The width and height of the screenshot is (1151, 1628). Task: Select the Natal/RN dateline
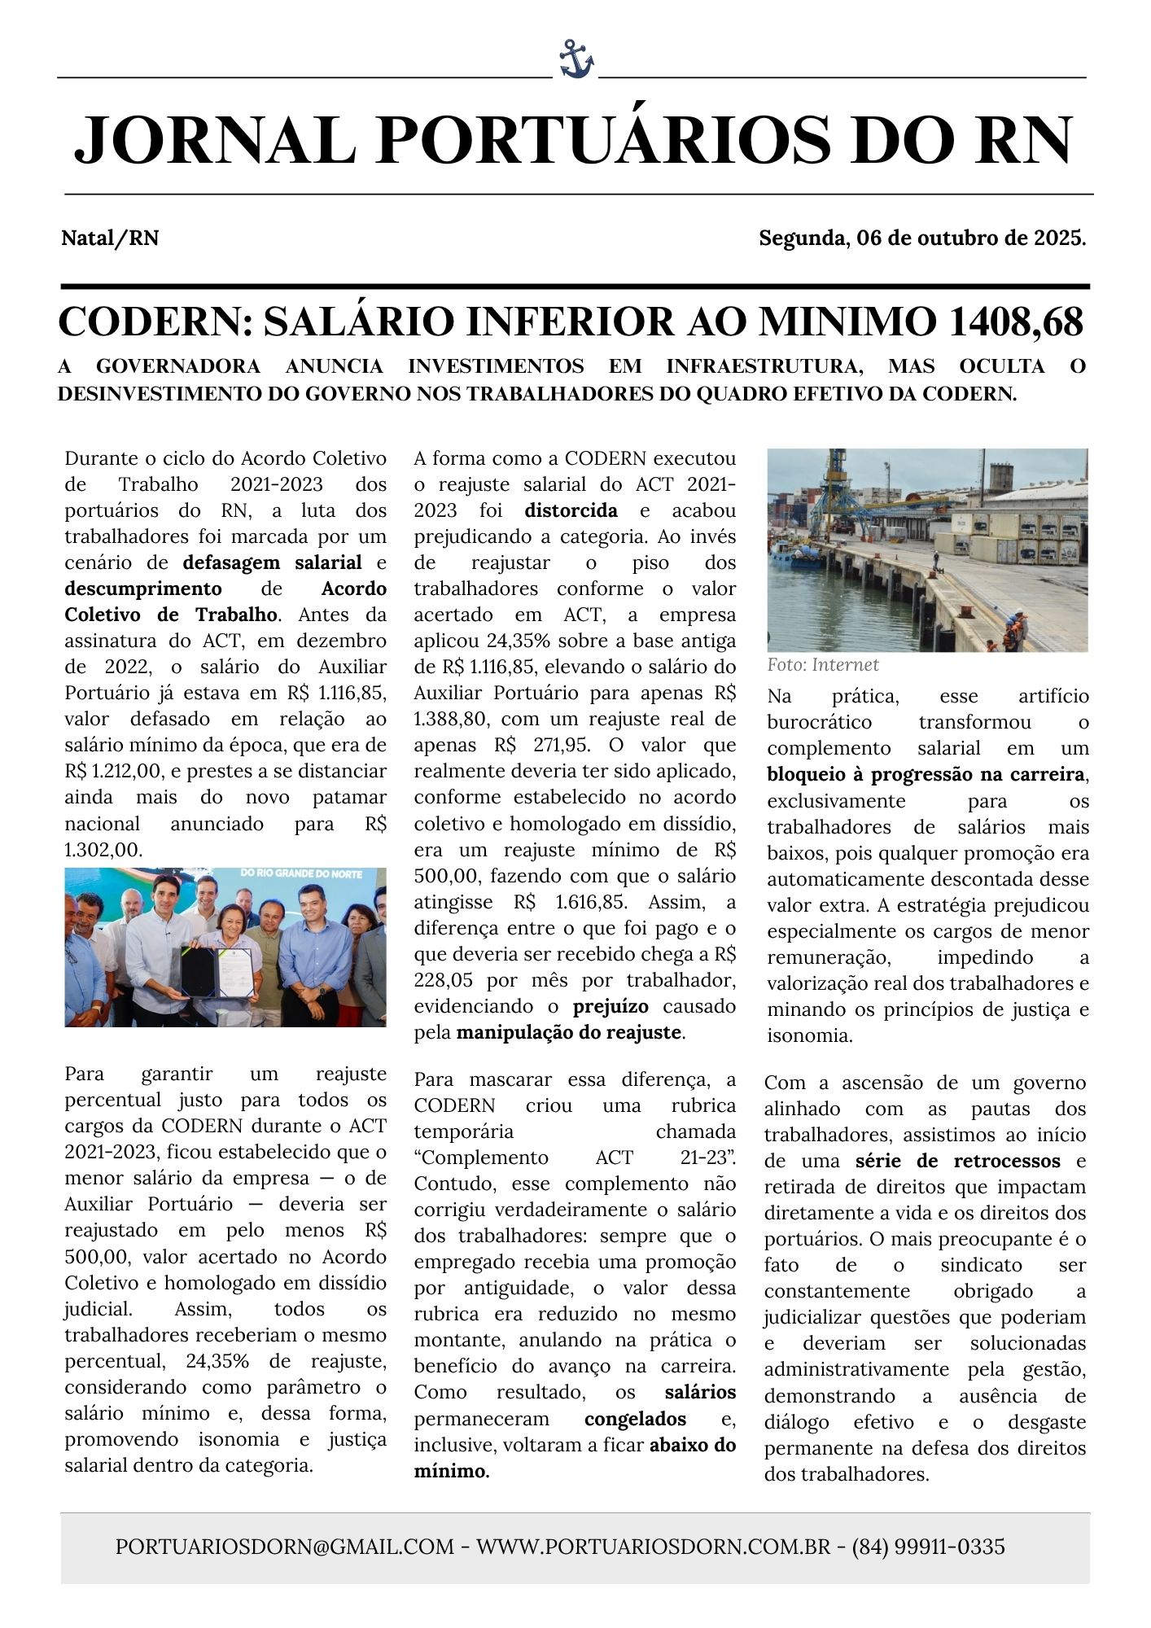pyautogui.click(x=110, y=239)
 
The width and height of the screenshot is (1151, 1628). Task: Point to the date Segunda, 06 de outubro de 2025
pyautogui.click(x=922, y=239)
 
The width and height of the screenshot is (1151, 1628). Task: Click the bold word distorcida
pyautogui.click(x=571, y=510)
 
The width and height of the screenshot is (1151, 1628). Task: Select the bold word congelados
pyautogui.click(x=635, y=1419)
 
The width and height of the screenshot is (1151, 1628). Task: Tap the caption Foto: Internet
pyautogui.click(x=822, y=665)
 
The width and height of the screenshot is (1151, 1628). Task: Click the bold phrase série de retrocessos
pyautogui.click(x=957, y=1161)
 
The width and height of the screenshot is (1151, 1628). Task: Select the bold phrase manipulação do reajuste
pyautogui.click(x=568, y=1032)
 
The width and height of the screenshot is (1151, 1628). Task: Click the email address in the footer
pyautogui.click(x=285, y=1547)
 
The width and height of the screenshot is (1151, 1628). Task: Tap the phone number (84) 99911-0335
pyautogui.click(x=928, y=1547)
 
